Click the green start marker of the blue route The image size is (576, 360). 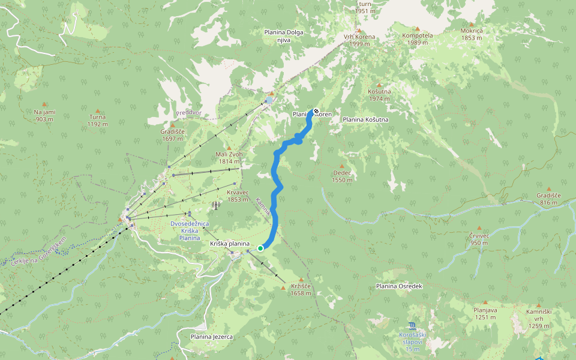260,248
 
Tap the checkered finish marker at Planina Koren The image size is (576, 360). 316,111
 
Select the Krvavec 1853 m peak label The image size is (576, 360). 238,196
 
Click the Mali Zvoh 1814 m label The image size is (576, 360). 229,158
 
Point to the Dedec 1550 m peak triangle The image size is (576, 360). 343,166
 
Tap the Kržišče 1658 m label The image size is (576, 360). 301,290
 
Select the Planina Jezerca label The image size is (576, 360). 211,337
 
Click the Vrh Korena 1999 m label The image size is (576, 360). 359,40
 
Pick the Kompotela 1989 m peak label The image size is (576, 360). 417,38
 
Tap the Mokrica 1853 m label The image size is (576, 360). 472,34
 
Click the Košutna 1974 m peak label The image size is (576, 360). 379,95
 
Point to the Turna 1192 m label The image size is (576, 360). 97,121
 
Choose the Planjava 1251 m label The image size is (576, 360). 485,313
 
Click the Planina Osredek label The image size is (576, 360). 399,286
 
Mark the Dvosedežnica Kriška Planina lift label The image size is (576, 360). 190,230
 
